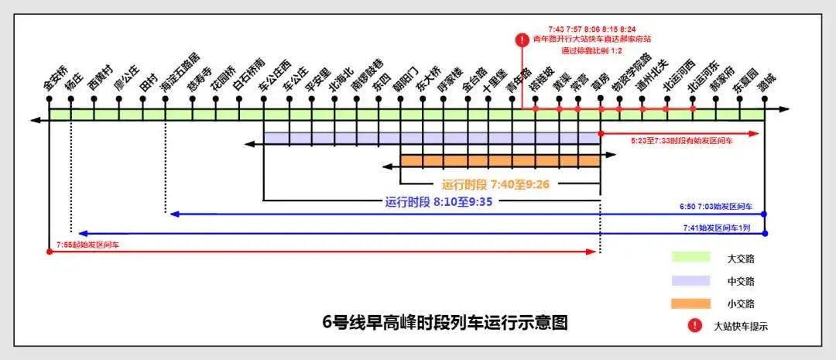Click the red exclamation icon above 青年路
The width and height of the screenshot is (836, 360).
coord(524,39)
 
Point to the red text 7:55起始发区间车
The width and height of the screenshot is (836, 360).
coord(87,245)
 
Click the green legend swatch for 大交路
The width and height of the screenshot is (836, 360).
coord(690,257)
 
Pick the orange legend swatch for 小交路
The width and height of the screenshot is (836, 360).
coord(690,303)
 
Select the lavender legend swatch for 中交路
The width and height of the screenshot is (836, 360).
coord(690,280)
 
